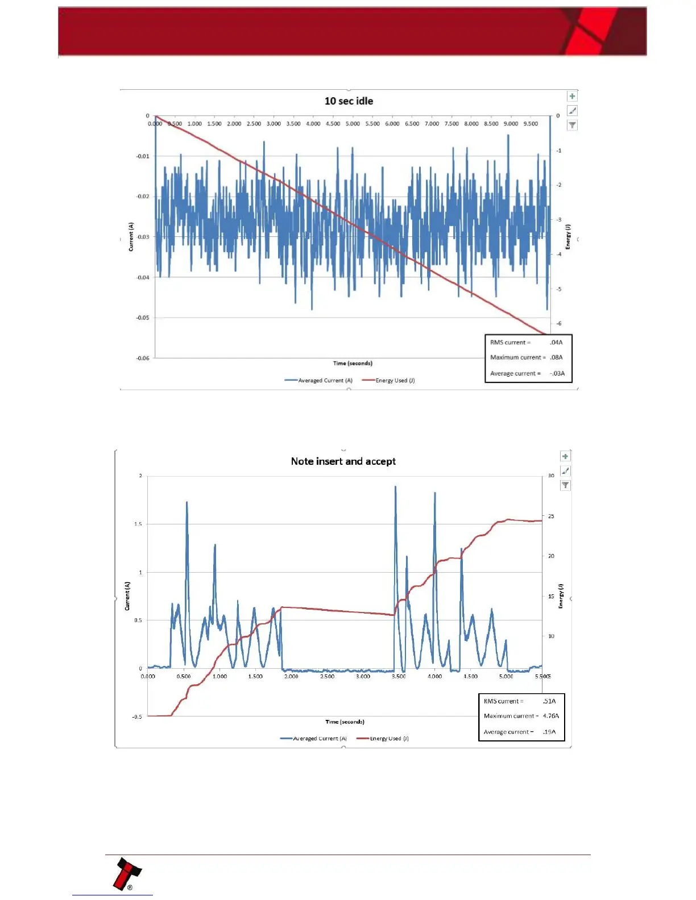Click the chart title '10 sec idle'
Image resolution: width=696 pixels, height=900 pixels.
click(349, 101)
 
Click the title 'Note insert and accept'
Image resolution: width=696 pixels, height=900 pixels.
click(343, 461)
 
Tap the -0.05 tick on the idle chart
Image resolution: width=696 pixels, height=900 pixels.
click(142, 318)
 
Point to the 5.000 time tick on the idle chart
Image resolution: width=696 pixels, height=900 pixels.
click(353, 124)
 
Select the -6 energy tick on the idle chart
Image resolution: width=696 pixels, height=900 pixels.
click(559, 323)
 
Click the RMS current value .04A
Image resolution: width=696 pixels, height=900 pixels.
click(556, 343)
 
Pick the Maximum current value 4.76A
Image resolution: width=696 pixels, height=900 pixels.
click(550, 716)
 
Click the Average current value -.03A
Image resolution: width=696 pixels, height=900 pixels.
click(557, 373)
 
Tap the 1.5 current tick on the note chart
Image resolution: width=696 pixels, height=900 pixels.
click(138, 524)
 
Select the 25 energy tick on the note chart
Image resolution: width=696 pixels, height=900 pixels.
click(551, 516)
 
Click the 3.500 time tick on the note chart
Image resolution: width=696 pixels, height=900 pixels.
click(399, 676)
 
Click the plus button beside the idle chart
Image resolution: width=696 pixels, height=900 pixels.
click(572, 96)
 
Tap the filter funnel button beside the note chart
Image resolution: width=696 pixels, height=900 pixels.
click(565, 485)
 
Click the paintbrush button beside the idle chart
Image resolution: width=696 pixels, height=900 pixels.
click(572, 111)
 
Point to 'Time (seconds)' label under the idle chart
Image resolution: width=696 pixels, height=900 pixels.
click(353, 363)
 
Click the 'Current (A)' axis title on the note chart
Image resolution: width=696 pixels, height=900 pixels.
click(127, 595)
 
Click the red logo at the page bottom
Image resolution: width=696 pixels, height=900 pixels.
click(127, 873)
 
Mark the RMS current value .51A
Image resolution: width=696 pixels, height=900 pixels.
click(549, 701)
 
